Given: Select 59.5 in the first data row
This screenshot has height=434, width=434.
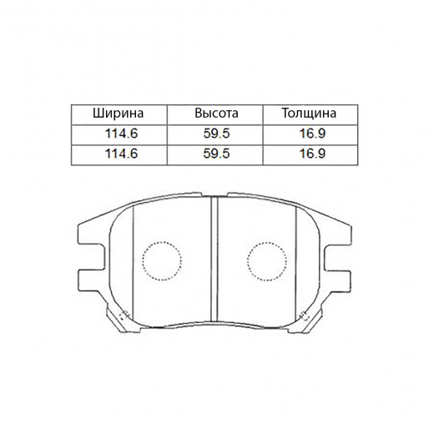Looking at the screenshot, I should [x=216, y=134].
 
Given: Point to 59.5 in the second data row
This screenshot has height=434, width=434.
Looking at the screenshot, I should [x=216, y=154].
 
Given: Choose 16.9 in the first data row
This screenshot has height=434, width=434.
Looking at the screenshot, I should [x=309, y=134].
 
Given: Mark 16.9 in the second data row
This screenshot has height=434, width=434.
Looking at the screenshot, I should [x=309, y=154].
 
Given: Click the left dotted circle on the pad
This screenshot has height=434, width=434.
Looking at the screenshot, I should [x=160, y=261].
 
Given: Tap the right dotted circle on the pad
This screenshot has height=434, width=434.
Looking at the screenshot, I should [x=268, y=261].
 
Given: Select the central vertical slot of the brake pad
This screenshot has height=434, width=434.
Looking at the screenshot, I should [x=214, y=259].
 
